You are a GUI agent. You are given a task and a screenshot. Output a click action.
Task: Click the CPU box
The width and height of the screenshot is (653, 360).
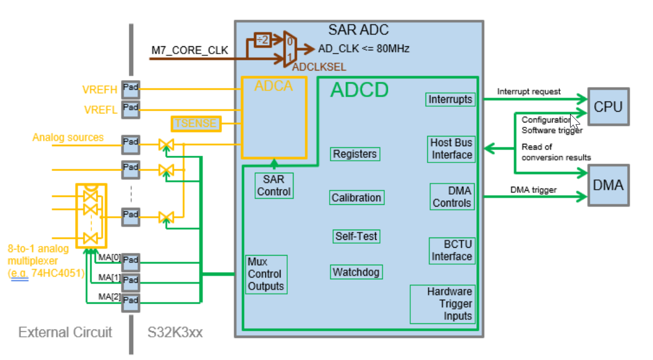coord(608,106)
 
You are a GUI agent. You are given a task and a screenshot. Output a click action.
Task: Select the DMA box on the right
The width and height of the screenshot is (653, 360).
coord(608,185)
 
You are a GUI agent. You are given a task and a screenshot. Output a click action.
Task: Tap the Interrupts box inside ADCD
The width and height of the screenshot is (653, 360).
coord(450,100)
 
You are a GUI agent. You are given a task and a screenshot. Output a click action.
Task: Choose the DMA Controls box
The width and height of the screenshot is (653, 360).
coord(452,197)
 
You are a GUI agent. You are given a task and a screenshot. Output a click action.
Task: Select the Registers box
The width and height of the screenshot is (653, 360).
coord(354,154)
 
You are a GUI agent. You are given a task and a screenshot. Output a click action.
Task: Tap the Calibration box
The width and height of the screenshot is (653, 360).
coord(356,197)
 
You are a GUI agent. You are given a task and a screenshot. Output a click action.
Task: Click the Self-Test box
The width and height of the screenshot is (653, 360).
coord(356,236)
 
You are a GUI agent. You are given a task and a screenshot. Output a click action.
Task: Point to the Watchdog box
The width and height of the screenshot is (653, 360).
coord(356,272)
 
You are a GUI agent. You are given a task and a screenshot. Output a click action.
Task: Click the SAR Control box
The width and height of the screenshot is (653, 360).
coord(274,186)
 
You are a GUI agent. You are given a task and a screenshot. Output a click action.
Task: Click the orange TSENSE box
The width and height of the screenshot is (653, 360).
coord(196,123)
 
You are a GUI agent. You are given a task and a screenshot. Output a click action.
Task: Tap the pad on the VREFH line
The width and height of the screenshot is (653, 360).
coord(131,88)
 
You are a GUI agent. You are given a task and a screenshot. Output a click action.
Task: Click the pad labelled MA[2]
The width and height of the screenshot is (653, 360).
coord(131,300)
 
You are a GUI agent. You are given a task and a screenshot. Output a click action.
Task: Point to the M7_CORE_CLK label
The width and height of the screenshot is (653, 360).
coord(190,51)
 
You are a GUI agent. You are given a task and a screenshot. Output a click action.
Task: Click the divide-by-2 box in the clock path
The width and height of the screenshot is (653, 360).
coord(263,40)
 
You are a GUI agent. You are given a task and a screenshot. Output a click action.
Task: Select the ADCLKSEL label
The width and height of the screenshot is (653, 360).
coord(319,67)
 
